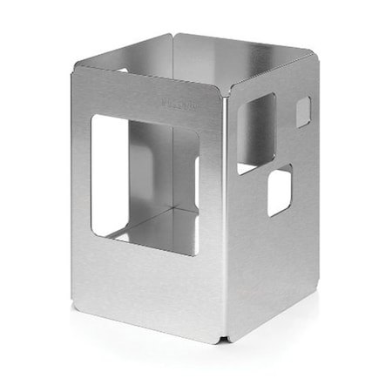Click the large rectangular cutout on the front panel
point(144,183)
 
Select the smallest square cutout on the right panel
point(302,112)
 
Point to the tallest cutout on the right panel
point(255,132)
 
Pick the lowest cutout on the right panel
point(279,191)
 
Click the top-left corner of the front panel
point(76,68)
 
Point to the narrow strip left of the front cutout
point(81,183)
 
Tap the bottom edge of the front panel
point(148,320)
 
